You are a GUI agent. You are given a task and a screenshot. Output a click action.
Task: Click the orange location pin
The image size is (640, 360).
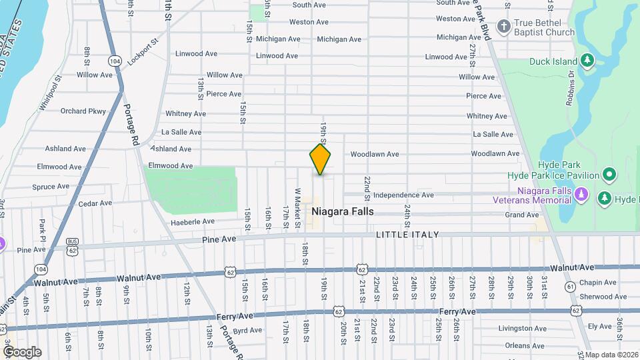point(320,159)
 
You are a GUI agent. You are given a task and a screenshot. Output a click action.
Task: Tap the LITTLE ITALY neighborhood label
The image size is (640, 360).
point(407,235)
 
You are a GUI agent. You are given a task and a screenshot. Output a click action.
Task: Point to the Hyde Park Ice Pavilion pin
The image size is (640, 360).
point(608,175)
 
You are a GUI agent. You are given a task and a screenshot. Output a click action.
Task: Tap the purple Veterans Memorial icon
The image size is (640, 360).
point(582,194)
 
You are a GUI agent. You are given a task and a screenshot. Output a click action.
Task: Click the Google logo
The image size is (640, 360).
point(22,351)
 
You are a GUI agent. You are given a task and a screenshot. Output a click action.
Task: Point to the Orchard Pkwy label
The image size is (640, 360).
point(83,111)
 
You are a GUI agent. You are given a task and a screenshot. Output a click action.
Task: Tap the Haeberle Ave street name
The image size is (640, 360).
point(193,222)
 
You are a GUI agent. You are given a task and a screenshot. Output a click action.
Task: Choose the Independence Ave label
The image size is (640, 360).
point(403,195)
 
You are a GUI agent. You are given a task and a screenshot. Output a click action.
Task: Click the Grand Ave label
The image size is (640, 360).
point(521,215)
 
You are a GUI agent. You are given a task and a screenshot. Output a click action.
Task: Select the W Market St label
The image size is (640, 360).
point(298,206)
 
